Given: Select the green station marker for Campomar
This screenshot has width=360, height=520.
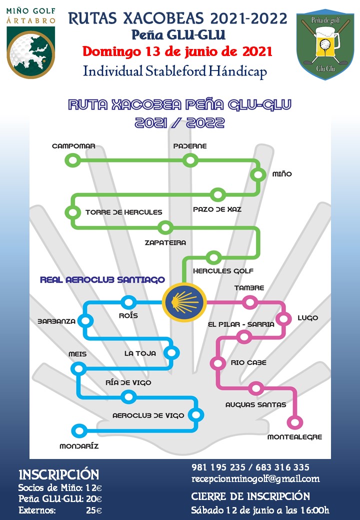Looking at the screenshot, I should [73, 160].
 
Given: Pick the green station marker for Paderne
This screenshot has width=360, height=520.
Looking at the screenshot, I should [189, 160].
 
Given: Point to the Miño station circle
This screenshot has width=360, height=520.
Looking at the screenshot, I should [258, 175].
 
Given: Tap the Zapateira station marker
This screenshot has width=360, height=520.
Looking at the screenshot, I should [164, 227].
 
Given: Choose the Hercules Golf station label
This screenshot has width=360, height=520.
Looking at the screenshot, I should [219, 271].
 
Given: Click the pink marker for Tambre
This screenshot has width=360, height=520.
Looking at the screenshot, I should [249, 302].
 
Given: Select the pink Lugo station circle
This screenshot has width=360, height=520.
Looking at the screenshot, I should [284, 318].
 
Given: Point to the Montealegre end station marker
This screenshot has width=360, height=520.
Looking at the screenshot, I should [295, 422].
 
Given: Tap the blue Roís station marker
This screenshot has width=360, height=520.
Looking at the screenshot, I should [128, 302].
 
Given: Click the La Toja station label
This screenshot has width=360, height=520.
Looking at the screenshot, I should [140, 353].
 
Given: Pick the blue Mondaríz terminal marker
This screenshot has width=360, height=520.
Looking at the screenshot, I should [78, 430].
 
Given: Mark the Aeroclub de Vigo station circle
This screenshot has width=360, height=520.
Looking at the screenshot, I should [196, 415].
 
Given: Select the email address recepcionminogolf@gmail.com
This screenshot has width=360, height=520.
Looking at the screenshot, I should [255, 479].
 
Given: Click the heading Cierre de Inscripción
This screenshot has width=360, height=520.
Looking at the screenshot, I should [250, 496].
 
